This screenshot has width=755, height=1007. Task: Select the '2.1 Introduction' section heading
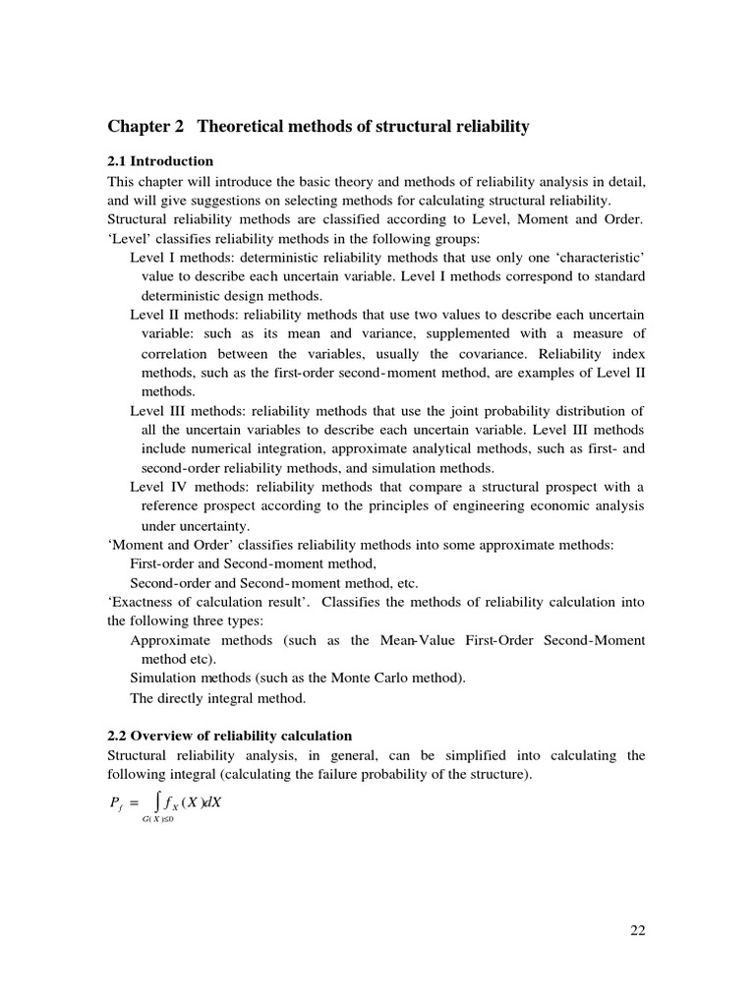click(160, 161)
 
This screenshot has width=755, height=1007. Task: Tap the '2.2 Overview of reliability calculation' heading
click(229, 736)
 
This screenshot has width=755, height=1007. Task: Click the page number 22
click(637, 930)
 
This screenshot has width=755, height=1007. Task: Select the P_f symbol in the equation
click(115, 803)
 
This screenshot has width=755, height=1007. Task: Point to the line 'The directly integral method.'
click(218, 698)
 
